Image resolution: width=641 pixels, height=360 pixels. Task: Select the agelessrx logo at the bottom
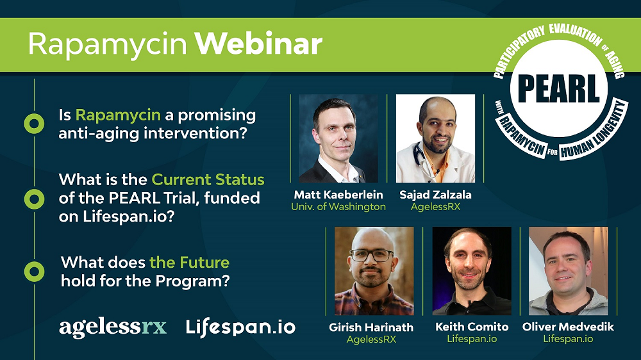(x=113, y=327)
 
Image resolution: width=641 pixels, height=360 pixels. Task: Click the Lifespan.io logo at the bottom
(x=240, y=327)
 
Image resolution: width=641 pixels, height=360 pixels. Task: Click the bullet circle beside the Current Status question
(x=33, y=199)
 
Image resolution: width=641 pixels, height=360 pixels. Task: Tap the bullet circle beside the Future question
(x=33, y=271)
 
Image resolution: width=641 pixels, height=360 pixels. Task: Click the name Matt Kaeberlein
(x=338, y=195)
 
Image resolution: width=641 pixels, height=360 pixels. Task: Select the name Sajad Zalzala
(x=435, y=195)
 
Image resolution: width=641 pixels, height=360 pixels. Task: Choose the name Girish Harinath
(x=371, y=327)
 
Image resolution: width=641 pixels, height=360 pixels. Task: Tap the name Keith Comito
(x=472, y=327)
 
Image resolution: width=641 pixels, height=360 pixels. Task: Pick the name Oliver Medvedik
(x=569, y=327)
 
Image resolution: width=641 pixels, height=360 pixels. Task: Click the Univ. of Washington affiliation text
(x=338, y=207)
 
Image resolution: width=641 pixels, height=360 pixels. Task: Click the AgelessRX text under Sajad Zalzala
(x=435, y=207)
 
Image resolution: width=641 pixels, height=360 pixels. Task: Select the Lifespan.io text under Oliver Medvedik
(x=568, y=339)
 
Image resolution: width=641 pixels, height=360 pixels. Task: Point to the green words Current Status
(x=208, y=180)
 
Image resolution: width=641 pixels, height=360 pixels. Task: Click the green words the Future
(x=189, y=263)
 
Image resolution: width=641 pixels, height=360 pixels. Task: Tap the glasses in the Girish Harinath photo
(x=372, y=255)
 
